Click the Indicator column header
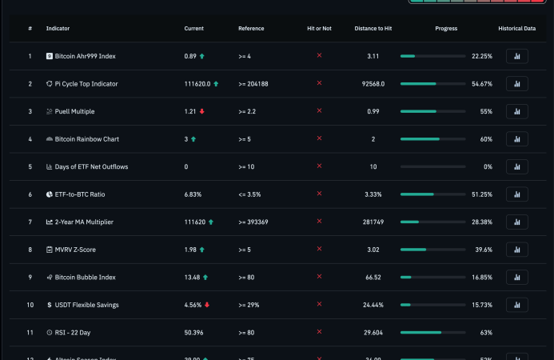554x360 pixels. [x=58, y=29]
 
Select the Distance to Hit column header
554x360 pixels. [x=373, y=29]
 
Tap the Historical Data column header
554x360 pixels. [x=516, y=29]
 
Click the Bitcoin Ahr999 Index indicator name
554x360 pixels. [x=85, y=56]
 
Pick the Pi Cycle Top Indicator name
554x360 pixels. [x=86, y=84]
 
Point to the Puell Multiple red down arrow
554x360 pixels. [x=202, y=111]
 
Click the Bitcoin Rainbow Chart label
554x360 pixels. [x=86, y=139]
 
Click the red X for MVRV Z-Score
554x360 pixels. [x=320, y=249]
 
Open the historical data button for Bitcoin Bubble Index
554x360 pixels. [x=516, y=277]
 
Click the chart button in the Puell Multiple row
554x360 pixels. [x=516, y=111]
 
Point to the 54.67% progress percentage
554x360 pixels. [x=482, y=84]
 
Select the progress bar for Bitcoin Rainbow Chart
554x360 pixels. [x=432, y=139]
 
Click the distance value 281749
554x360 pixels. [x=373, y=222]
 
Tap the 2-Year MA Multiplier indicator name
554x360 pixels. [x=84, y=222]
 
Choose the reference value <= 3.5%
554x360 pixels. [x=250, y=194]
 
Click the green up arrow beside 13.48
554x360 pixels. [x=205, y=277]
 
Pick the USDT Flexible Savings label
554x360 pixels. [x=86, y=305]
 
